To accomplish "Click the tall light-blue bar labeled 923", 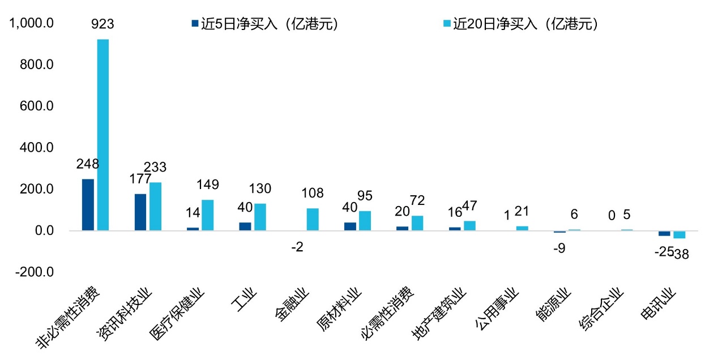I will pyautogui.click(x=103, y=135).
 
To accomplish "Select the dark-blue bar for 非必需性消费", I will pyautogui.click(x=88, y=205).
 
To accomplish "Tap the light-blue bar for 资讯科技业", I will pyautogui.click(x=155, y=207).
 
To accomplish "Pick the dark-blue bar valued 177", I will pyautogui.click(x=140, y=212).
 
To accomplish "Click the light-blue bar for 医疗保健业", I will pyautogui.click(x=207, y=215).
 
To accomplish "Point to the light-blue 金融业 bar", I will pyautogui.click(x=313, y=220).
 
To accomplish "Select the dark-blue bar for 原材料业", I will pyautogui.click(x=350, y=226).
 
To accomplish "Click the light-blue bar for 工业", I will pyautogui.click(x=260, y=217).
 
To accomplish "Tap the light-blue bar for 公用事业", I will pyautogui.click(x=522, y=228).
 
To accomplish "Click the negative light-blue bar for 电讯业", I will pyautogui.click(x=679, y=235).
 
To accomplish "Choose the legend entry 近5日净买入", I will pyautogui.click(x=266, y=24).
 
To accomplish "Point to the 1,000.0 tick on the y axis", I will pyautogui.click(x=32, y=24).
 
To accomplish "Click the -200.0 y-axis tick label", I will pyautogui.click(x=35, y=272).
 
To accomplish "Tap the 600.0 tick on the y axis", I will pyautogui.click(x=37, y=106).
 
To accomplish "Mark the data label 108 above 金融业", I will pyautogui.click(x=313, y=194).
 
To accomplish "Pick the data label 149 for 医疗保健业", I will pyautogui.click(x=207, y=185).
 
